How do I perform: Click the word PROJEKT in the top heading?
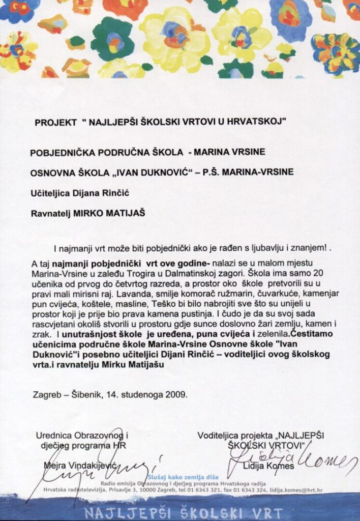pos(55,122)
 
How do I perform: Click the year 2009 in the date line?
pos(176,393)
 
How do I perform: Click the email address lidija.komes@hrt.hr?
pos(293,490)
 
